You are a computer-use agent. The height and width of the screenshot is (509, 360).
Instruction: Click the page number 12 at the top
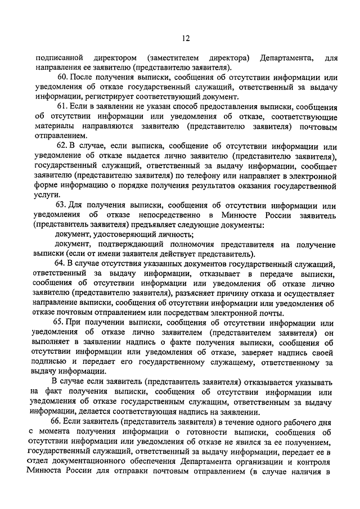pos(185,38)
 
